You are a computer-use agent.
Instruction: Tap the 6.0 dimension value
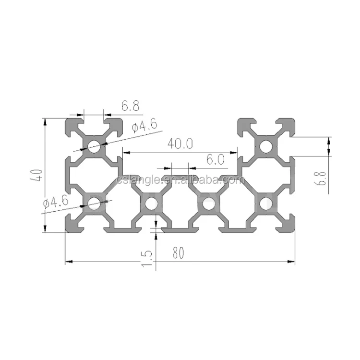[216, 160]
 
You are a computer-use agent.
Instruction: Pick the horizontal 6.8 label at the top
[130, 106]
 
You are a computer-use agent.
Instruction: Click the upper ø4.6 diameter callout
[144, 127]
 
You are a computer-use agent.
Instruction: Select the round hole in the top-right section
[265, 146]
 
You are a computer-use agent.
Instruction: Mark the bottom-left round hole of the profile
[94, 204]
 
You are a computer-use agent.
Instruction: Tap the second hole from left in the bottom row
[151, 204]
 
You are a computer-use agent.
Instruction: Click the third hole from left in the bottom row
[208, 204]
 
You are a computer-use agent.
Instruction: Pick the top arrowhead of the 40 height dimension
[46, 121]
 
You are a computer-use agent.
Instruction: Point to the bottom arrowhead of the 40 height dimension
[46, 229]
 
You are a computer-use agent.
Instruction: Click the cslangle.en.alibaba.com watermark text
[180, 180]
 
